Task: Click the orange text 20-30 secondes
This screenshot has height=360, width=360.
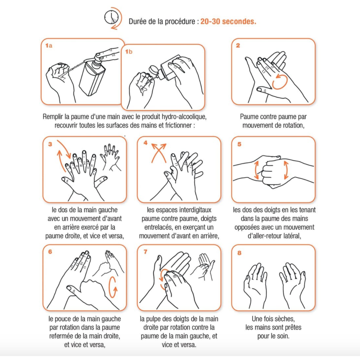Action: (x=228, y=21)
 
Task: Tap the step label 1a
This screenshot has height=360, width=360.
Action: (x=49, y=45)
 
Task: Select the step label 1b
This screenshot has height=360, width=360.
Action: (x=129, y=51)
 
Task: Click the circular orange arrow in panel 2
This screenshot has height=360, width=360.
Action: (x=280, y=81)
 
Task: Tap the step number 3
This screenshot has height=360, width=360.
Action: (x=50, y=144)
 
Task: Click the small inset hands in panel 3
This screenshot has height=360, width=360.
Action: (x=111, y=157)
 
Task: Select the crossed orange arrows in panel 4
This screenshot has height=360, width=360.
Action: (x=159, y=153)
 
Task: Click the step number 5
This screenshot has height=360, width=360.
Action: (x=239, y=144)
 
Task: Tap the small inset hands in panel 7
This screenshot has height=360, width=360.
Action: (x=203, y=267)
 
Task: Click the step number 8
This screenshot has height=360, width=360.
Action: (x=239, y=253)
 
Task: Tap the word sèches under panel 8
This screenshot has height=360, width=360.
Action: (x=284, y=319)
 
